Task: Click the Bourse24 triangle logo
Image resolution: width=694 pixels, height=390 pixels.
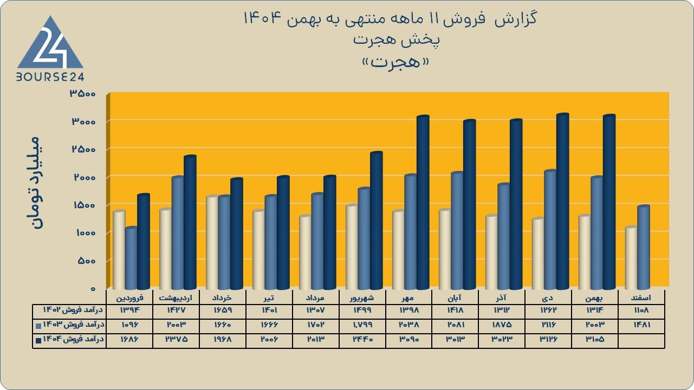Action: (x=50, y=43)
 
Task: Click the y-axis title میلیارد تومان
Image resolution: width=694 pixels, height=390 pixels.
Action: (x=34, y=182)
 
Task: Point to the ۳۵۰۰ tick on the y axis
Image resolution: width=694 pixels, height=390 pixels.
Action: (x=83, y=94)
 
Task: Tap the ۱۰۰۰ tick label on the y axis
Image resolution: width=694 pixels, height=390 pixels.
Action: (x=85, y=233)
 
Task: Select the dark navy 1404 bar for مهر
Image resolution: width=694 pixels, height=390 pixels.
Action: (x=423, y=202)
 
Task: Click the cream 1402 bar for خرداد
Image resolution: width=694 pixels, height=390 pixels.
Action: (x=212, y=242)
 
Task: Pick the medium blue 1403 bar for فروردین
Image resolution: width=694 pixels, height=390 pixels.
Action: (x=131, y=258)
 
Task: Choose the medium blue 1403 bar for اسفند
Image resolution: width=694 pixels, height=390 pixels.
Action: (x=644, y=247)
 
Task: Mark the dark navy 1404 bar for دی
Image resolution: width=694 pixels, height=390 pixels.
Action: (x=563, y=201)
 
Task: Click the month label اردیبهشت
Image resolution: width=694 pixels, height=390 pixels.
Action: (x=176, y=298)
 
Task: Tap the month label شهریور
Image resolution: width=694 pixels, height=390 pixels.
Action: (x=362, y=298)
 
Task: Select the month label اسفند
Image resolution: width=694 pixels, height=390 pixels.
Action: (x=641, y=298)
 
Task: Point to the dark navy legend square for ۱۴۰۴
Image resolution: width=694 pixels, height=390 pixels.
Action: (x=38, y=341)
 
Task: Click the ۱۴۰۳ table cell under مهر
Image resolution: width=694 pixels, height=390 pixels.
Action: (x=408, y=325)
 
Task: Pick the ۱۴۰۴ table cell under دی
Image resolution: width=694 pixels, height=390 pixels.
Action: (x=548, y=339)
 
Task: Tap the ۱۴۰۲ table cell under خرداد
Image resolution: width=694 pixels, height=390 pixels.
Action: (x=223, y=310)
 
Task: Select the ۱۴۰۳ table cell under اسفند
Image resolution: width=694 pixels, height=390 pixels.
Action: (x=641, y=325)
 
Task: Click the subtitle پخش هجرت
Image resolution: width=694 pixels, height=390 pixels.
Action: (x=396, y=41)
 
